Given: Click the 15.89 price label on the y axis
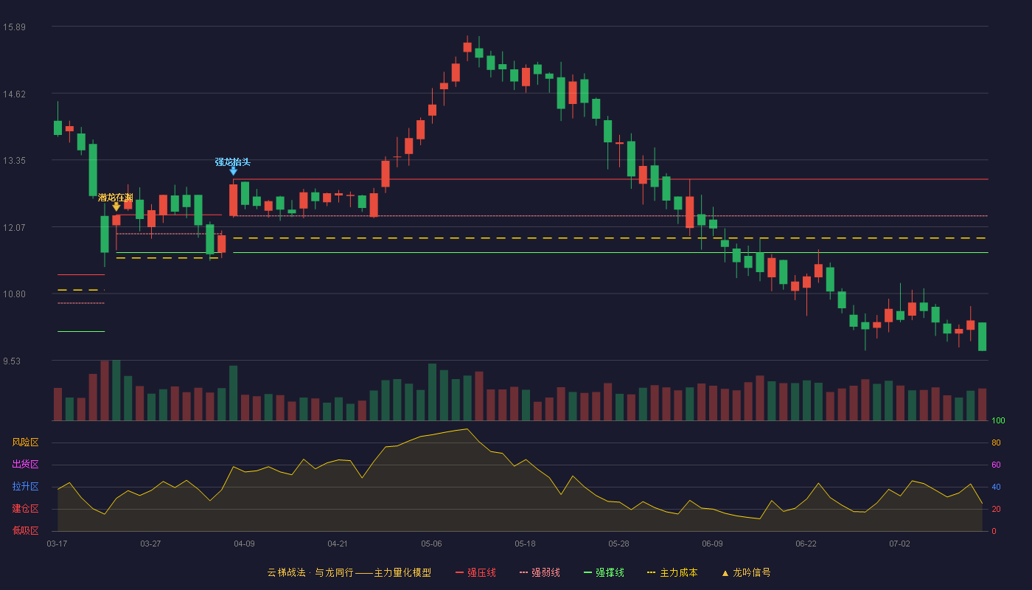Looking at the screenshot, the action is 14,27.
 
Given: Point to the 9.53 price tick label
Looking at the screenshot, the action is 12,361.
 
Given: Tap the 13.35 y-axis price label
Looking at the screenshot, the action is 14,161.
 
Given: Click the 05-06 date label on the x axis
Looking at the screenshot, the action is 431,544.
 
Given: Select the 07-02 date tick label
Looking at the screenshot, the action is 899,544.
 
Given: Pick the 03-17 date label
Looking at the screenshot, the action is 57,544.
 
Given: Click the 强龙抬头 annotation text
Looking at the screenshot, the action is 233,162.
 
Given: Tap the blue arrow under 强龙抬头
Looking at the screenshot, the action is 234,171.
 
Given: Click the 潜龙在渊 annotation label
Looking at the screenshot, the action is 115,198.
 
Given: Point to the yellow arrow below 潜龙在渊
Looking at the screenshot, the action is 116,207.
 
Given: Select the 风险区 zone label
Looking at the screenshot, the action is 25,442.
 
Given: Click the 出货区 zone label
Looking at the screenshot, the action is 25,464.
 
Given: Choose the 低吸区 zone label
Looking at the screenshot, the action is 25,530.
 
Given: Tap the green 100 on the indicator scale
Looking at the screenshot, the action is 998,420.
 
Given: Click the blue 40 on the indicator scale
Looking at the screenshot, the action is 996,487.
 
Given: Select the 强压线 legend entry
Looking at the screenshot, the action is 475,572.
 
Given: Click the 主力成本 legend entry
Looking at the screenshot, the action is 672,572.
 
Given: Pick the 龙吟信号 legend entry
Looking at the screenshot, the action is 746,572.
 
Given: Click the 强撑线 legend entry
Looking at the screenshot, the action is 604,572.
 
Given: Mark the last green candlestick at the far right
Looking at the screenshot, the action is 982,336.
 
